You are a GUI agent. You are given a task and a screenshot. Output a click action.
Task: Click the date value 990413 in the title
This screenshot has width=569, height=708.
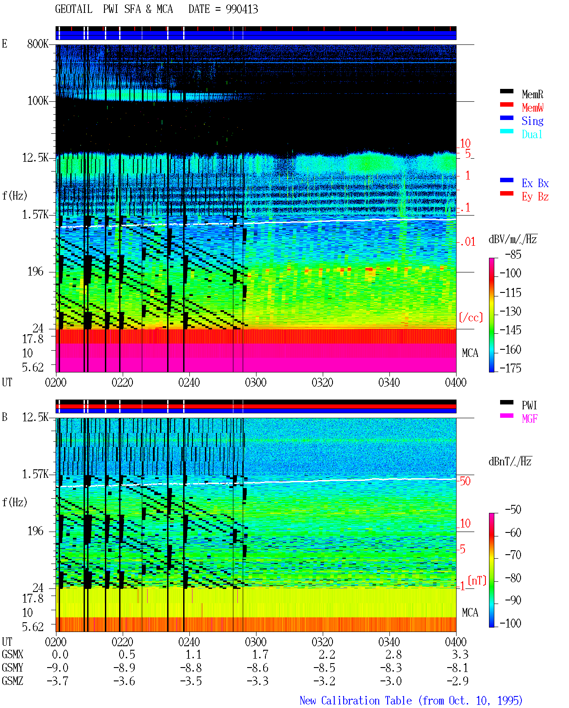click(242, 9)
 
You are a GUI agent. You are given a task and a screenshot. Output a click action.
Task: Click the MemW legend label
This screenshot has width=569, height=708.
click(533, 108)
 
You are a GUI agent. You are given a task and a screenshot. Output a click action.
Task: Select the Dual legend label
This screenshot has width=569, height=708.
click(532, 134)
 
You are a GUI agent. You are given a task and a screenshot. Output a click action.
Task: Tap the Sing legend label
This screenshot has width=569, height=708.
click(533, 121)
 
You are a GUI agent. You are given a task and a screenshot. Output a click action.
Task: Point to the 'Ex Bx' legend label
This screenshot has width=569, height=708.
click(535, 183)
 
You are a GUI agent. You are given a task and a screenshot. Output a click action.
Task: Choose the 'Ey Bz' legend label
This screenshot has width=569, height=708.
click(535, 197)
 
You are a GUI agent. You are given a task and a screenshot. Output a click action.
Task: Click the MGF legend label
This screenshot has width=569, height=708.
click(529, 419)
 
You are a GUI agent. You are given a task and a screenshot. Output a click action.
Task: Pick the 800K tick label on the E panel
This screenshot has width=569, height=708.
click(38, 44)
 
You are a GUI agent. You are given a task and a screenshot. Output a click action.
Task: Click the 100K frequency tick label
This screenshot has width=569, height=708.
click(38, 101)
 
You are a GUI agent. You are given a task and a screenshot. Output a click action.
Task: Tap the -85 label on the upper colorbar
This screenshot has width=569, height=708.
click(513, 254)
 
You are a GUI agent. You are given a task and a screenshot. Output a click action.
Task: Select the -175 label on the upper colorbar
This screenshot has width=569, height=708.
click(510, 368)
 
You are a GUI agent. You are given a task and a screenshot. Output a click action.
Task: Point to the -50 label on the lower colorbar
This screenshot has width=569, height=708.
click(513, 510)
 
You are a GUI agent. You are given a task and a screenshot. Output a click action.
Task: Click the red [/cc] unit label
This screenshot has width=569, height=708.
click(471, 317)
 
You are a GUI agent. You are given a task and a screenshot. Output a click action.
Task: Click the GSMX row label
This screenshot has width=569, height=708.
click(12, 654)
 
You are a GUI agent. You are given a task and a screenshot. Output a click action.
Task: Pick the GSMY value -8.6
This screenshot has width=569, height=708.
click(258, 668)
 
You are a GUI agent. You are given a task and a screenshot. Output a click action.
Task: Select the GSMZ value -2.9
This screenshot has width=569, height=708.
click(457, 681)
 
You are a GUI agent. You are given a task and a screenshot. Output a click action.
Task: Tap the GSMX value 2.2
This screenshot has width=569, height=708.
click(327, 654)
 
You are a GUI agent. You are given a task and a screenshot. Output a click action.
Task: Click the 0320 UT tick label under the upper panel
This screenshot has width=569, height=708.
click(323, 382)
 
